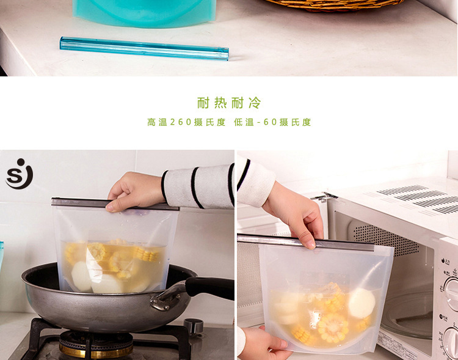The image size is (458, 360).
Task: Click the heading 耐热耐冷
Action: click(x=229, y=102)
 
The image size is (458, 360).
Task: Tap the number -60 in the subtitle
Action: click(x=267, y=122)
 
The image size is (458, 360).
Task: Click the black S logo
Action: click(x=19, y=174)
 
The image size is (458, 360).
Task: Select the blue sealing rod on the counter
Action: click(x=144, y=48)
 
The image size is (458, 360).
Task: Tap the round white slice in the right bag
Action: click(x=361, y=303)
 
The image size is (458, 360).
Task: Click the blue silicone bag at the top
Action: click(x=144, y=12)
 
